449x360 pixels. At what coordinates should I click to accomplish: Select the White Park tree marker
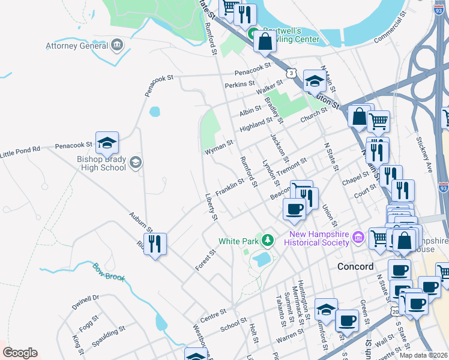[268, 241]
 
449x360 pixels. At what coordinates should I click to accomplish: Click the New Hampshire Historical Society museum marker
[358, 238]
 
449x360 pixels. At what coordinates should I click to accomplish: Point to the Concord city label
[355, 266]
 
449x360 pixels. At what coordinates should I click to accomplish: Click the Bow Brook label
[107, 272]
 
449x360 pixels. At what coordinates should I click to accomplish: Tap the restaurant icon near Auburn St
[155, 244]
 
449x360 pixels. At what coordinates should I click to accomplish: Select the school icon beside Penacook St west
[107, 142]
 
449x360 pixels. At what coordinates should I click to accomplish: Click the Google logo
[19, 353]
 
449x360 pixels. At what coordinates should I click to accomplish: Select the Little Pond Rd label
[20, 151]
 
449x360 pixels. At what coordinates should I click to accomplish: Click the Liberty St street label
[210, 206]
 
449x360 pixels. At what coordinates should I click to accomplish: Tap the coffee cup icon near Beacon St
[294, 209]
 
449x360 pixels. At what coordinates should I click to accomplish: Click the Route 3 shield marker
[291, 73]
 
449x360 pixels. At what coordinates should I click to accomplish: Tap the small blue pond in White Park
[261, 259]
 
